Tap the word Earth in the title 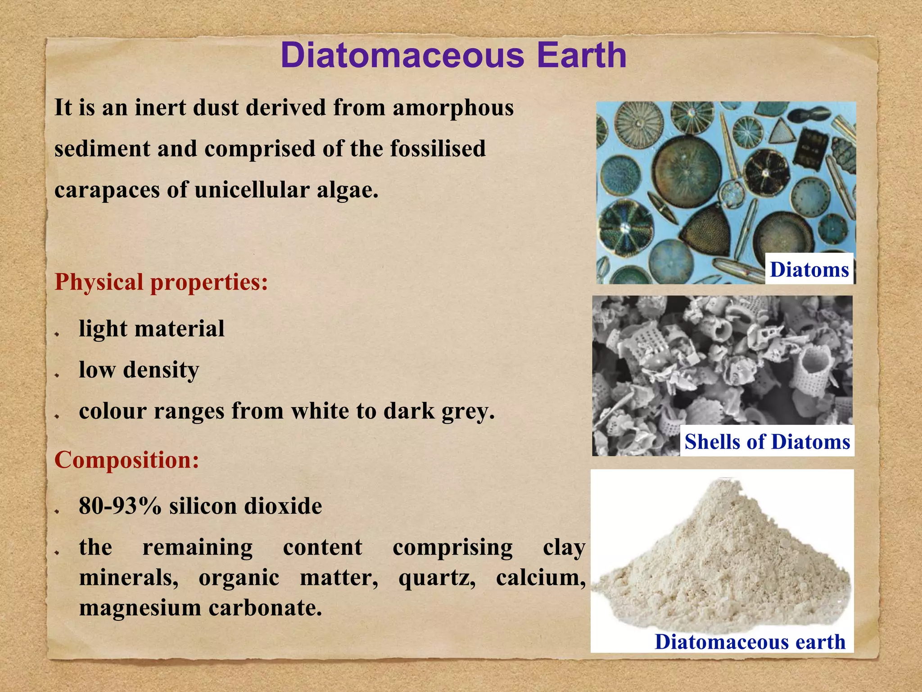(x=581, y=55)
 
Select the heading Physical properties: (x=161, y=282)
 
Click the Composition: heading (x=127, y=460)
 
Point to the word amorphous (x=453, y=108)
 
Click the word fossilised (x=438, y=149)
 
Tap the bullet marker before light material (x=57, y=334)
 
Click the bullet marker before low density (x=57, y=375)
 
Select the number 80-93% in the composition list (x=120, y=506)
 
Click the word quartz (x=437, y=578)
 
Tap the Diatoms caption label (x=809, y=269)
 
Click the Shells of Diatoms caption (x=767, y=442)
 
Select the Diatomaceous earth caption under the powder (x=750, y=642)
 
